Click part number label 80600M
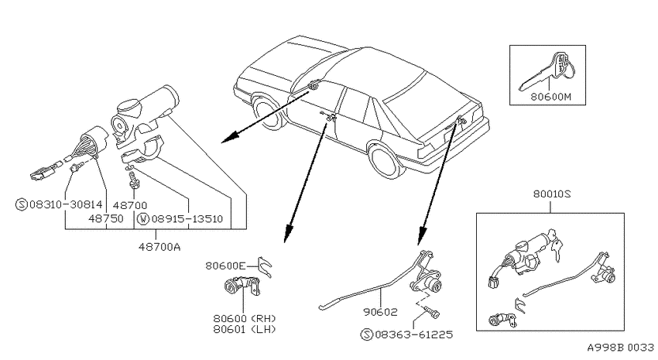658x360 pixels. point(550,97)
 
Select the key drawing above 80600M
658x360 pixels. point(547,70)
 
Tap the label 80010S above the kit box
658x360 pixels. point(552,194)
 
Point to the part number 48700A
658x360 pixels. point(159,247)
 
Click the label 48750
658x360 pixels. point(106,218)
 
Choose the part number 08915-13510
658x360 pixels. point(187,218)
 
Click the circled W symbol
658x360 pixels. point(143,219)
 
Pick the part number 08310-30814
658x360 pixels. point(66,204)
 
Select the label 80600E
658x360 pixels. point(225,266)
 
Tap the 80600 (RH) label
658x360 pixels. point(245,319)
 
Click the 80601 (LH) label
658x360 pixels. point(245,329)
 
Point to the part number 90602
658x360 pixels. point(380,312)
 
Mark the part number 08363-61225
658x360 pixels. point(414,334)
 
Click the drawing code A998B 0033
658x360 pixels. point(620,348)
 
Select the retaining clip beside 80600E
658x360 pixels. point(265,267)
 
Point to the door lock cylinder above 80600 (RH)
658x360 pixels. point(242,286)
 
